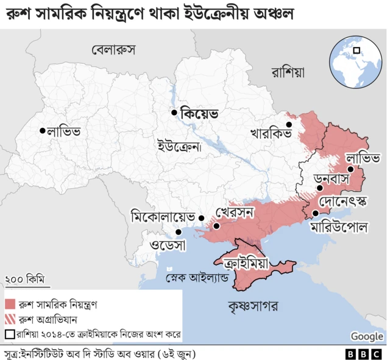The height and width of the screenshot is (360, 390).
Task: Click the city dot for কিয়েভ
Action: pyautogui.click(x=174, y=113)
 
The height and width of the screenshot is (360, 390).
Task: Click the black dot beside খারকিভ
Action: pyautogui.click(x=289, y=125)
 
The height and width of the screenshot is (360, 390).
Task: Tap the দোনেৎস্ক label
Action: pyautogui.click(x=344, y=199)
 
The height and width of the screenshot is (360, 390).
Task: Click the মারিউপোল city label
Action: pyautogui.click(x=338, y=228)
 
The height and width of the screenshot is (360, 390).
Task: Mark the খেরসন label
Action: pyautogui.click(x=234, y=213)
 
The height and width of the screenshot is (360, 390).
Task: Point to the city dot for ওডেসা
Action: pyautogui.click(x=179, y=231)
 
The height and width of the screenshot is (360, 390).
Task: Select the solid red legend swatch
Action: pyautogui.click(x=10, y=304)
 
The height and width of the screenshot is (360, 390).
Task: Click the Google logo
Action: pyautogui.click(x=366, y=336)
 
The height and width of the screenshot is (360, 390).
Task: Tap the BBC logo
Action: pyautogui.click(x=364, y=353)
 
